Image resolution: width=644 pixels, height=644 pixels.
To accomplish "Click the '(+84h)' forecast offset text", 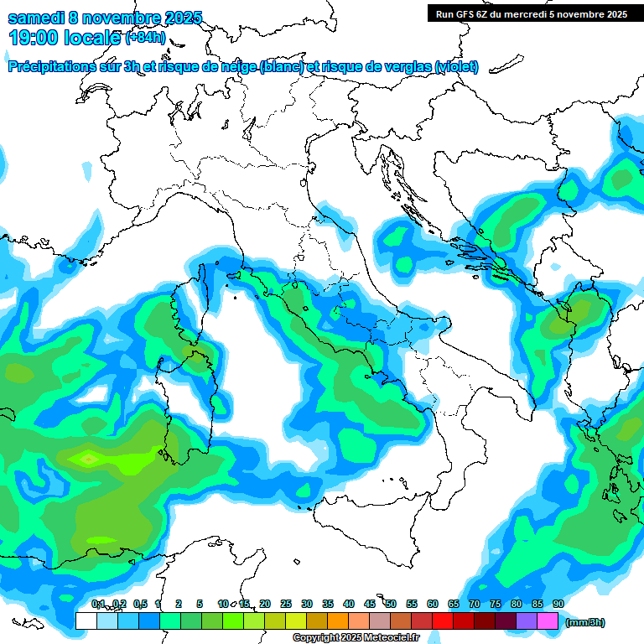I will click(145, 38).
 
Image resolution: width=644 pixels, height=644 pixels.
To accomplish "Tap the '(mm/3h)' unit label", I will click(585, 623).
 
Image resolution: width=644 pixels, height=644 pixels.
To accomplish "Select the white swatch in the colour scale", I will click(86, 621).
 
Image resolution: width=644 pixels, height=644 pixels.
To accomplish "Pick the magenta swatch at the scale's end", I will click(548, 621).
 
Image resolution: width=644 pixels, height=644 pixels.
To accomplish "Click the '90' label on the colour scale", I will click(558, 604).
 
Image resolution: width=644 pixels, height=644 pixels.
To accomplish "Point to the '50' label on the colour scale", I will click(391, 604).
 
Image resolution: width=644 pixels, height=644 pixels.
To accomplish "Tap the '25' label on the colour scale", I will click(286, 604).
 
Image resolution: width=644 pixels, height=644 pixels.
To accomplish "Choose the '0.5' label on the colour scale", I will click(139, 604).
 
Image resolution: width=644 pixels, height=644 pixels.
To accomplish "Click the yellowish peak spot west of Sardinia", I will click(87, 459).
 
